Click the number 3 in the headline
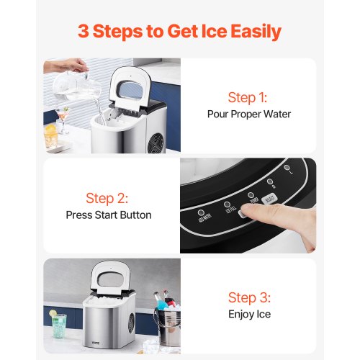pyautogui.click(x=85, y=32)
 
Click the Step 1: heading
pyautogui.click(x=247, y=97)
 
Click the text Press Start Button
pyautogui.click(x=109, y=215)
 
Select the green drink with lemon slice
pyautogui.click(x=58, y=323)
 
